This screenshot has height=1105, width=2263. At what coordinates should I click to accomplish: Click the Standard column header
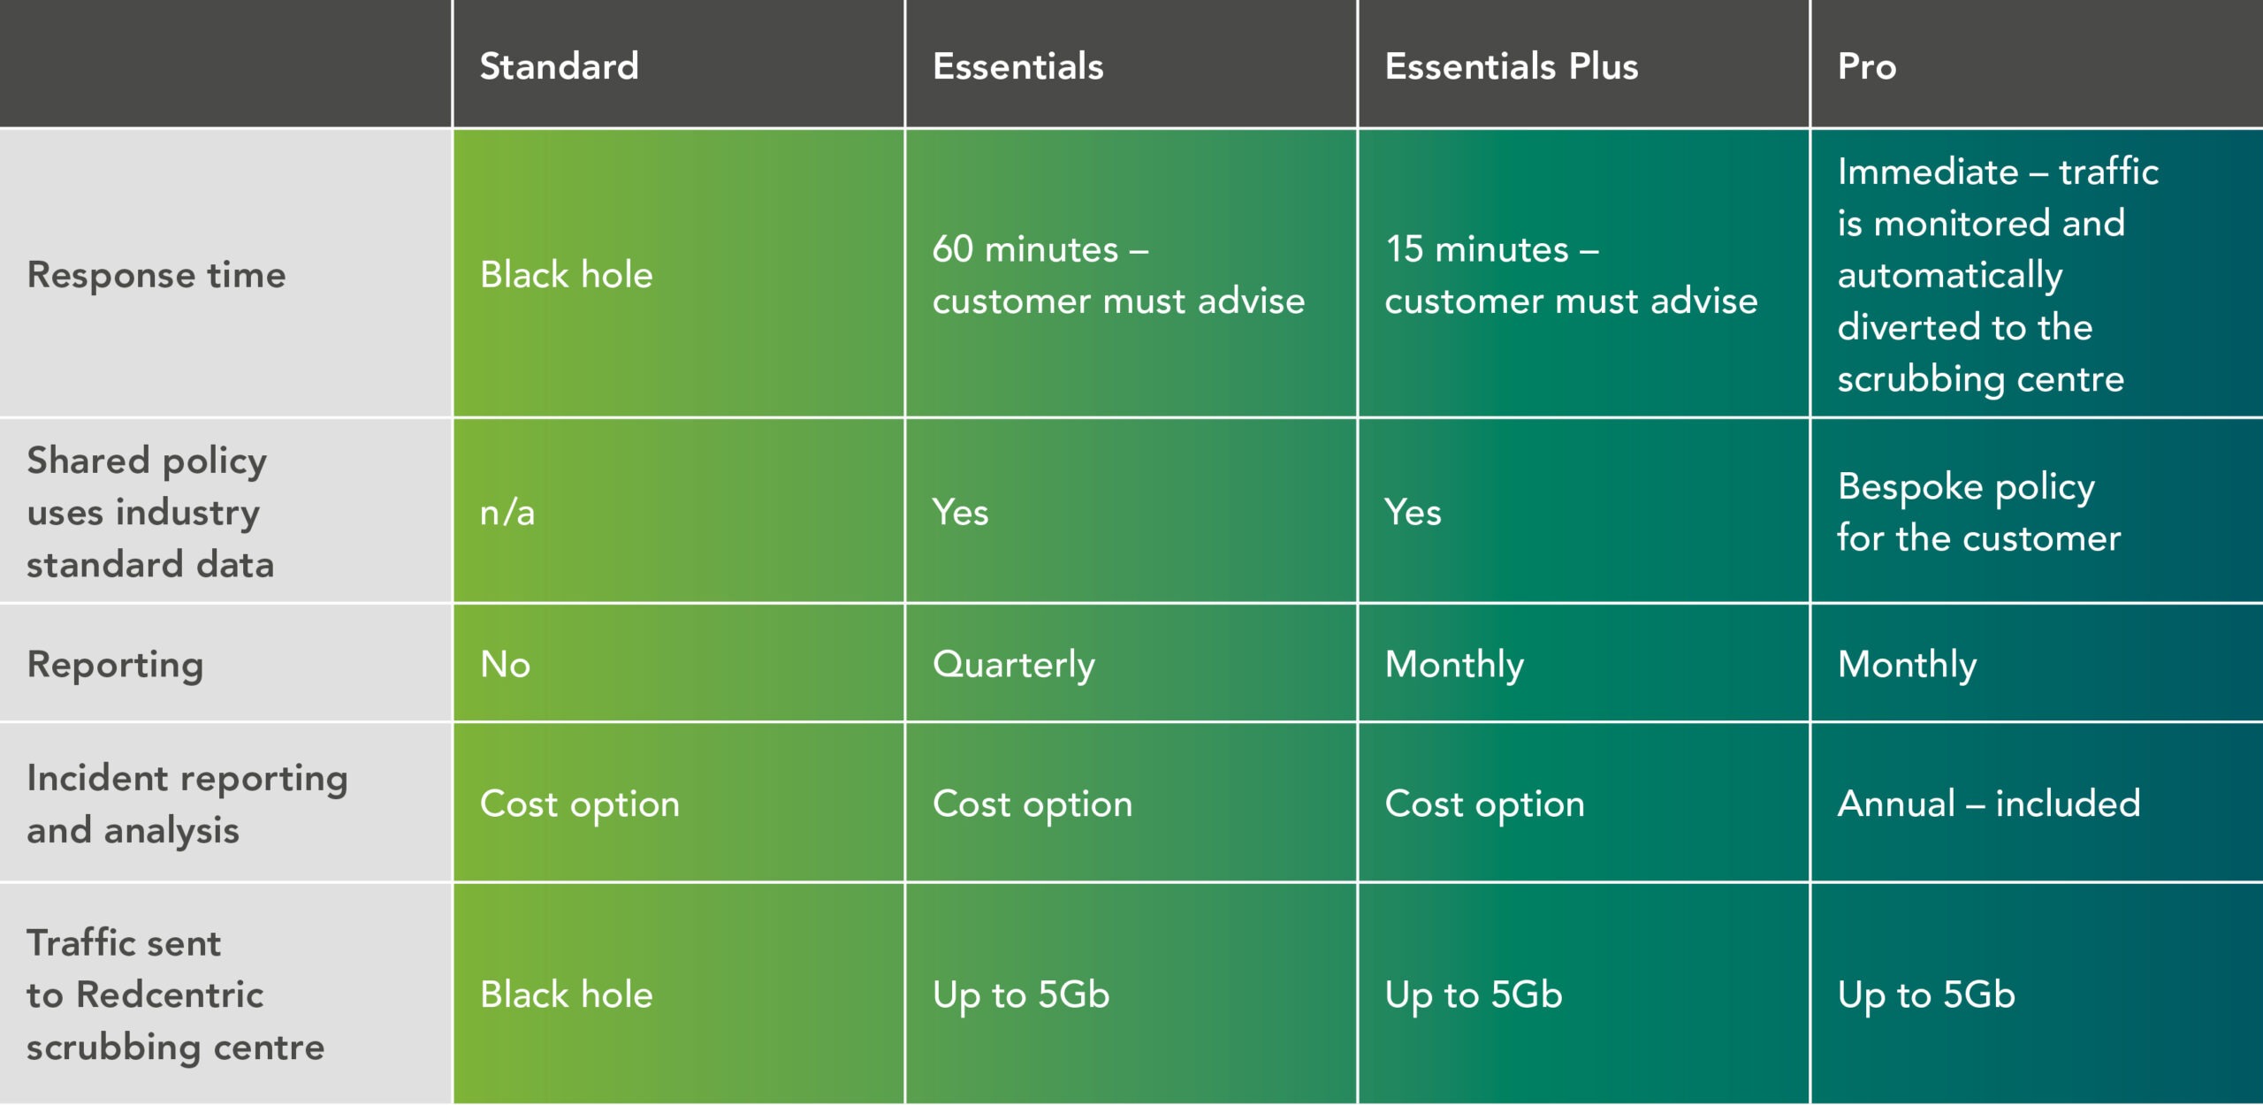point(559,66)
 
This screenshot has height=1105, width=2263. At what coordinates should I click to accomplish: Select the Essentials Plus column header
point(1512,66)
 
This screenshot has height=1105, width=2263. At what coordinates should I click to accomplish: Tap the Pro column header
point(1867,66)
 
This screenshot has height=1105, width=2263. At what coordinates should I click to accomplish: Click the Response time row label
point(156,275)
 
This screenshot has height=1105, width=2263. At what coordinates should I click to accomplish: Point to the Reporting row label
point(115,665)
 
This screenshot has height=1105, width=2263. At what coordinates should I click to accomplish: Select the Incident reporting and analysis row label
point(187,804)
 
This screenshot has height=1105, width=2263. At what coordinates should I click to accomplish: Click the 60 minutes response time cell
point(1118,275)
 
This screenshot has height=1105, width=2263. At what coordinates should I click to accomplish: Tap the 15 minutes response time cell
point(1571,275)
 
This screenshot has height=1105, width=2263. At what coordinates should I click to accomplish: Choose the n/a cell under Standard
point(507,513)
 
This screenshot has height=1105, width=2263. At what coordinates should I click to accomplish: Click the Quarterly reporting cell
point(1013,665)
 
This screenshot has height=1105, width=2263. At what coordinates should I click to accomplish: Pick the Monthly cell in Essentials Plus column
point(1454,665)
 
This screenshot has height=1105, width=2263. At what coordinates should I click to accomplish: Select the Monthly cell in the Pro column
point(1907,665)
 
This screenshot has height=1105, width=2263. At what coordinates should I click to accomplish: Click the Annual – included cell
point(1989,804)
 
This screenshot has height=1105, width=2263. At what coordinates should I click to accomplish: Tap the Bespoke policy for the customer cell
point(1978,513)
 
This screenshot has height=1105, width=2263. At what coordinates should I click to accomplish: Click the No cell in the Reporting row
point(505,665)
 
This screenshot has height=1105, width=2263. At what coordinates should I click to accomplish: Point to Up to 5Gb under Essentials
point(1021,995)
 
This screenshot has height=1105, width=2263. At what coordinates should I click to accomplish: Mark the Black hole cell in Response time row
point(566,275)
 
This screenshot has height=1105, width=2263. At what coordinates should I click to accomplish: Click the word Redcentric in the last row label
point(170,995)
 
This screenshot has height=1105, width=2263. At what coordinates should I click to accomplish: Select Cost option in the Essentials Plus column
point(1484,804)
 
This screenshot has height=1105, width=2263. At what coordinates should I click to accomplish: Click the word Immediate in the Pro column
point(1928,171)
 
